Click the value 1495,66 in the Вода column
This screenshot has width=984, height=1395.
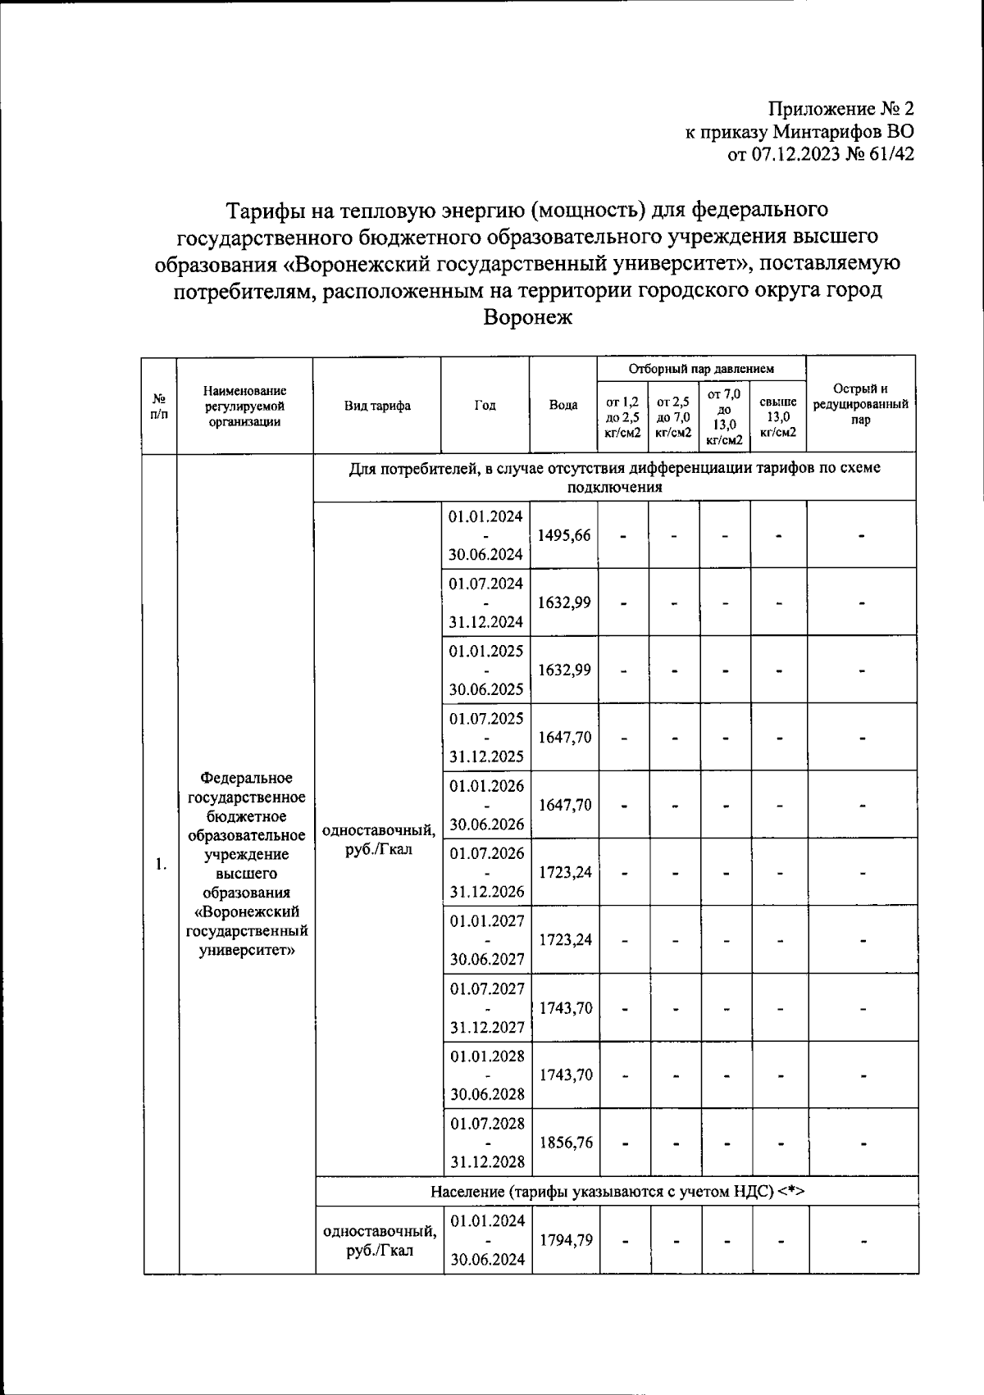tap(564, 535)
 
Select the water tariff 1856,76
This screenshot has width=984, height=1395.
tap(565, 1142)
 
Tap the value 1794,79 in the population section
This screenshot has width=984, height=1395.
tap(566, 1239)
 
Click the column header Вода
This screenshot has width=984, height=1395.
tap(563, 405)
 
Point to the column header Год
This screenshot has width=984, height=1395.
tap(485, 405)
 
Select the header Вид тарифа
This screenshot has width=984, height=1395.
tap(377, 405)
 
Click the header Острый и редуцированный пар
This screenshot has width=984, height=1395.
tap(860, 404)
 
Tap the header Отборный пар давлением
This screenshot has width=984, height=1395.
tap(701, 369)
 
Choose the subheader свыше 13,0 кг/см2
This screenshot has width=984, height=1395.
tap(778, 416)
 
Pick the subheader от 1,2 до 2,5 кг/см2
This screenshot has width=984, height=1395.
tap(622, 416)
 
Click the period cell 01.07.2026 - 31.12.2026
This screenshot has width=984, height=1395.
tap(486, 872)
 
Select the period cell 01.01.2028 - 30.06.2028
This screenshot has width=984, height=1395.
tap(486, 1075)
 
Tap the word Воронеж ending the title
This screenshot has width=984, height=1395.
tap(528, 317)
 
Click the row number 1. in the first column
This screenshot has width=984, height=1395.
tap(162, 864)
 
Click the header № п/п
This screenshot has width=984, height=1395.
tap(159, 405)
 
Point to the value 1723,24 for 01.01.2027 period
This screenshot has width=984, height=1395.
tap(565, 939)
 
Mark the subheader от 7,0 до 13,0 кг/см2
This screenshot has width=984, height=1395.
tap(724, 416)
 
